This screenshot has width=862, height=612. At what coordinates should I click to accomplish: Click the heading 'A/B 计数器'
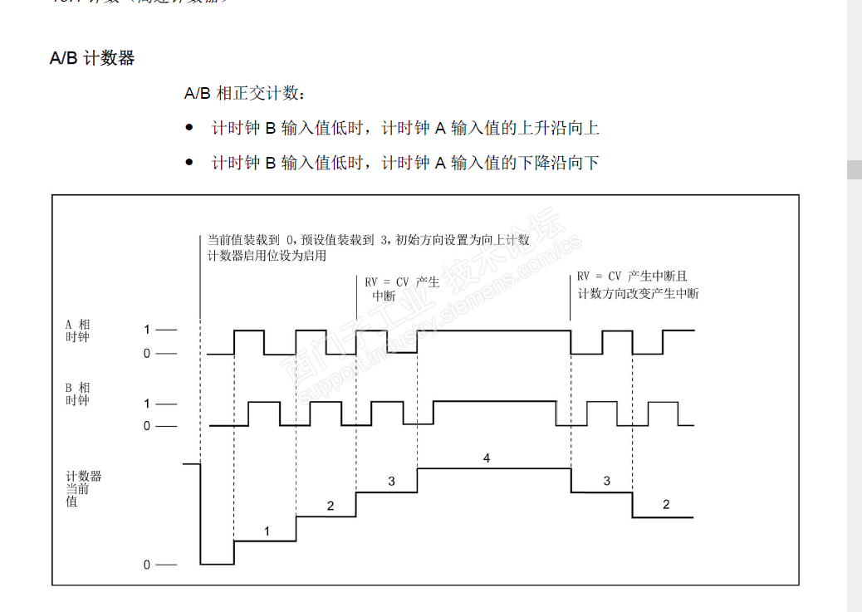pos(92,59)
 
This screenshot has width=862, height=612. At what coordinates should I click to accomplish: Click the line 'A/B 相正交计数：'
pos(246,94)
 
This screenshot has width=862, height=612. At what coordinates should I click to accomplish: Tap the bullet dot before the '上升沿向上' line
pos(189,128)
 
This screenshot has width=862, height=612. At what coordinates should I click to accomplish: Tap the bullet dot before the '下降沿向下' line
pos(189,163)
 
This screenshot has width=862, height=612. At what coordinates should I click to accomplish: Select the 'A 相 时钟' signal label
pos(78,330)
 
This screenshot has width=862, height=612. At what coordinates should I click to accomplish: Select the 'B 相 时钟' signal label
pos(78,394)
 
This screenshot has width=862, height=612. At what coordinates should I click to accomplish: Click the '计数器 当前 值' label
pos(83,489)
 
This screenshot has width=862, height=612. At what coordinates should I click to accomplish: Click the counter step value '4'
pos(487,458)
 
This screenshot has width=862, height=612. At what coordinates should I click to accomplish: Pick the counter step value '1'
pos(267,531)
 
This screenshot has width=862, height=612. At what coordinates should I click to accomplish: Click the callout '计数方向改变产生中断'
pos(638,293)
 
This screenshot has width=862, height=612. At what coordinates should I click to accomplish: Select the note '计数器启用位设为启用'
pos(267,256)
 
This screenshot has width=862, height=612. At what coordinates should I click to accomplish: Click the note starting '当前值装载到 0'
pos(368,240)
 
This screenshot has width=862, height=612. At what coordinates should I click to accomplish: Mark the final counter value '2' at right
pos(666,505)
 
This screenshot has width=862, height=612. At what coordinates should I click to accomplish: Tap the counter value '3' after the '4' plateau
pos(606,481)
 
